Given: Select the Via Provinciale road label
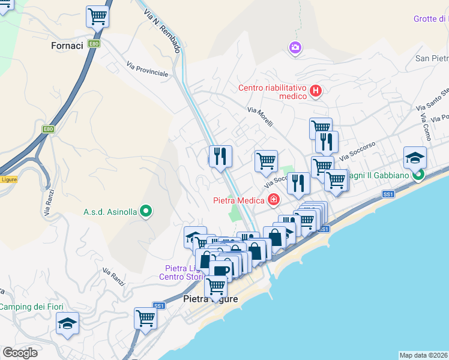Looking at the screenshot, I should (147, 68).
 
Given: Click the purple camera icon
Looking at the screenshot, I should (295, 47).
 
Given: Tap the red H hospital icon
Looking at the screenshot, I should (316, 92).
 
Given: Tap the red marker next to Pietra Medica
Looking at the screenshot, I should (274, 199).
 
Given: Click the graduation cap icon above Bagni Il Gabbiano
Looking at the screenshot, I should (415, 157).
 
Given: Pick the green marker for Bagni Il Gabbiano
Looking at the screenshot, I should (418, 175).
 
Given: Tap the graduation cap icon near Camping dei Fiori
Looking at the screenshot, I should (67, 324).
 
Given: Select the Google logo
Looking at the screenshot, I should (20, 352).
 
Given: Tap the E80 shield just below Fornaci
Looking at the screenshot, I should (93, 44).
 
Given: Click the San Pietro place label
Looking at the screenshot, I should (432, 58).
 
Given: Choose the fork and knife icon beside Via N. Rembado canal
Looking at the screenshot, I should (220, 157).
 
